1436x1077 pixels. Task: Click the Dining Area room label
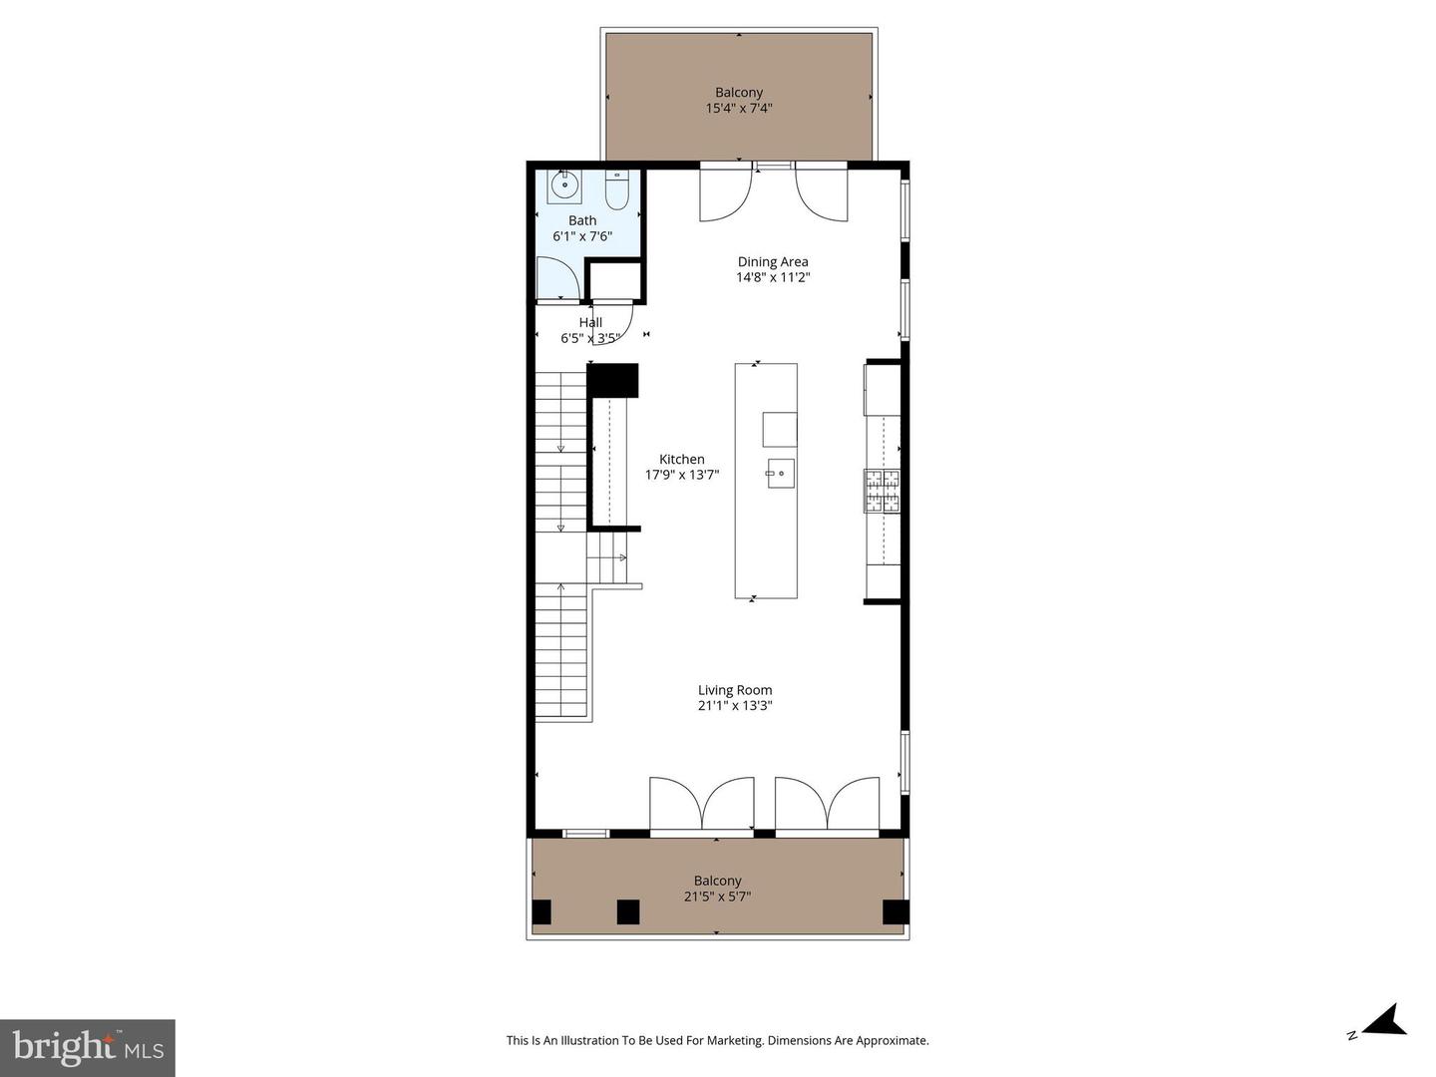point(773,262)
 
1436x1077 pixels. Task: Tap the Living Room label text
point(735,690)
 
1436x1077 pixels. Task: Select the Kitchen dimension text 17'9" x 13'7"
point(682,476)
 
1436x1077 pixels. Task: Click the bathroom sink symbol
point(564,184)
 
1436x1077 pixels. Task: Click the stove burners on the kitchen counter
point(882,490)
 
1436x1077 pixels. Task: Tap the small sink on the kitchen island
point(780,476)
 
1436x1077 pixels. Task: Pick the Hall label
point(590,322)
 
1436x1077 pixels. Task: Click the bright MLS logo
point(88,1047)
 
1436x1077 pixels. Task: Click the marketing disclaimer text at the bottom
point(717,1040)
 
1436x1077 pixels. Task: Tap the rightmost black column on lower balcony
point(896,911)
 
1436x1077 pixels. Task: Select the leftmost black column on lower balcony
point(541,911)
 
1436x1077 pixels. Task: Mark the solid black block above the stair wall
point(612,381)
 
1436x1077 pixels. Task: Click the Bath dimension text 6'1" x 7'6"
point(582,237)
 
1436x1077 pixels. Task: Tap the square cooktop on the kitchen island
point(780,430)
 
